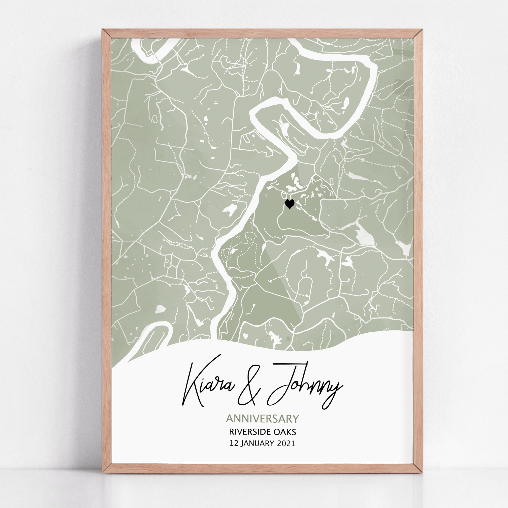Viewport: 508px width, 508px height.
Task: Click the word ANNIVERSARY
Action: (262, 419)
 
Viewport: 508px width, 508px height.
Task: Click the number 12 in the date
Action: (234, 443)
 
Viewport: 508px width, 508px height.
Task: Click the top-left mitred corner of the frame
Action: (106, 34)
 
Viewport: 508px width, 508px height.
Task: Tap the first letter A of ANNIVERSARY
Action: (229, 419)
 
